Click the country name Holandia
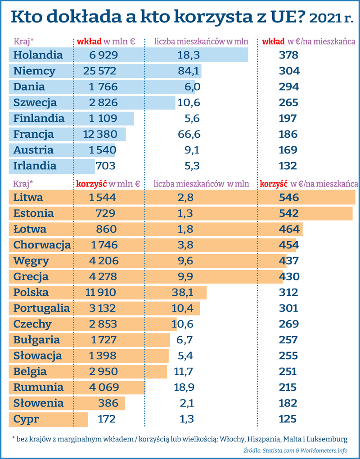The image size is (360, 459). tap(38, 55)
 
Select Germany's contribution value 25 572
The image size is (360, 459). tap(100, 71)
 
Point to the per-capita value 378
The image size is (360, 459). tap(288, 55)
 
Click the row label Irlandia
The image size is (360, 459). tap(35, 166)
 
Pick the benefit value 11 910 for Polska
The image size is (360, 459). tap(101, 292)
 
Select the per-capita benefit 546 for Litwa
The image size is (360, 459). tap(288, 198)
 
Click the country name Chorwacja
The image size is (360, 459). tap(42, 245)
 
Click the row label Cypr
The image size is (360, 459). tap(26, 419)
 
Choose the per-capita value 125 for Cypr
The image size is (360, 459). tap(288, 419)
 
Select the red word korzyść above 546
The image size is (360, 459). tap(274, 184)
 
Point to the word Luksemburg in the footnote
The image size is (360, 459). tap(330, 438)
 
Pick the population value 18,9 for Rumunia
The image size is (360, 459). tap(184, 387)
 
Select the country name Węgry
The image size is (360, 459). tap(31, 261)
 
